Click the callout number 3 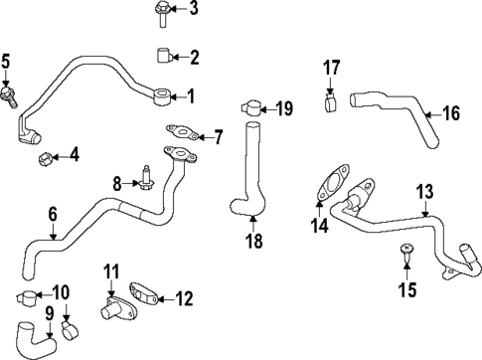194,9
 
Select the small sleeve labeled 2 163,56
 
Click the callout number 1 192,96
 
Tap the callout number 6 52,213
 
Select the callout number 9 49,314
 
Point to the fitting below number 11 109,309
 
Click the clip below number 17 332,100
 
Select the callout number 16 451,113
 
